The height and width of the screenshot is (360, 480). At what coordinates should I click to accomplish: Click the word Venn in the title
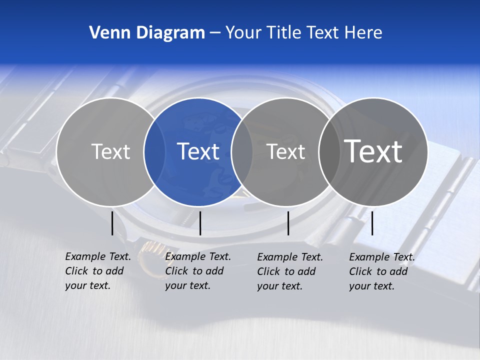[105, 33]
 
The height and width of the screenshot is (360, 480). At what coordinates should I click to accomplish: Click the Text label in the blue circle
[198, 151]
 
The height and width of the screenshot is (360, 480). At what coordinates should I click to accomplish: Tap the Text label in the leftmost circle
[110, 151]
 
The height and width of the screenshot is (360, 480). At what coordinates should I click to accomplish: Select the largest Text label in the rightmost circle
[373, 151]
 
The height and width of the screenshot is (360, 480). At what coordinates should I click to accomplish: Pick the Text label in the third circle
[286, 151]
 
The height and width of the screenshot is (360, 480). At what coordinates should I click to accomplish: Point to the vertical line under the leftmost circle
[112, 223]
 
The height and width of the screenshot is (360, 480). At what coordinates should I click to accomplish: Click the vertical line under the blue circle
[200, 223]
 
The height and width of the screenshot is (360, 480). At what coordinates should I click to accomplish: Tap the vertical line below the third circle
[288, 223]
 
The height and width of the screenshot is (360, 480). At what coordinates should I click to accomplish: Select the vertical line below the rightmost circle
[372, 223]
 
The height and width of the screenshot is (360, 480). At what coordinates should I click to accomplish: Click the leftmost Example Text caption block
[98, 271]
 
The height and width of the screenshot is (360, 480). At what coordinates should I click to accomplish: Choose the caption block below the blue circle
[198, 271]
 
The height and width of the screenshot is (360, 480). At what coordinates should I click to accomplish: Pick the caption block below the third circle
[290, 271]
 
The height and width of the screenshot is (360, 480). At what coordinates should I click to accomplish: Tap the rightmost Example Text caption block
[382, 271]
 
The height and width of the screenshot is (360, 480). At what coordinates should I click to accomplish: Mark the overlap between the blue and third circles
[242, 152]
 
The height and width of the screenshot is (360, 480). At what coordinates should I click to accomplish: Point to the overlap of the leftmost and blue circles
[154, 152]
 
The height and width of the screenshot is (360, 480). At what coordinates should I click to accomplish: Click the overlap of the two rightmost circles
[329, 152]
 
